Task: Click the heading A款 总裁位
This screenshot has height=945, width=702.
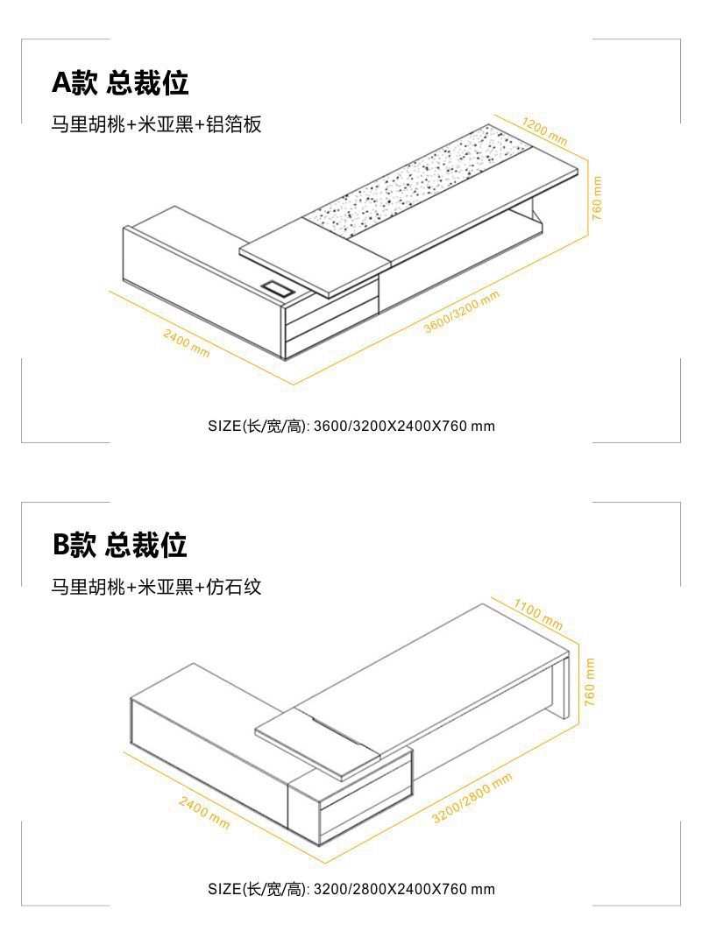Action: coord(120,83)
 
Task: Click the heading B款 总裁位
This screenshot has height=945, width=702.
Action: coord(119,545)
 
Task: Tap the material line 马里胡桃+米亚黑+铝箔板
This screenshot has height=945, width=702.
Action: coord(156,125)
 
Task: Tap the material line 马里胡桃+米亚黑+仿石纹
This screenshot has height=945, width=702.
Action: coord(156,587)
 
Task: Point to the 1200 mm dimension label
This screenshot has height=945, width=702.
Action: coord(544,130)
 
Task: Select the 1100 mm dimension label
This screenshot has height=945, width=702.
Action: coord(537,614)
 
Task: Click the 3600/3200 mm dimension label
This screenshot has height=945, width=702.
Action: coord(461,311)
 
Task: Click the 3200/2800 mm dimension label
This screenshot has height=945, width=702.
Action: coord(472,799)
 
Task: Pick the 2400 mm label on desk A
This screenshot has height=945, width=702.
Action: coord(186,342)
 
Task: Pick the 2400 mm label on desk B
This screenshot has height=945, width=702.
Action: coord(204,813)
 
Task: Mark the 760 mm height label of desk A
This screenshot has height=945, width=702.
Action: coord(597,199)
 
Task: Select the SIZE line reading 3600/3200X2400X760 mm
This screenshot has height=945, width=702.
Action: coord(351,427)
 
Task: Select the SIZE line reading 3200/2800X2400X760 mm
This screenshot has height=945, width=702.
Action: coord(351,889)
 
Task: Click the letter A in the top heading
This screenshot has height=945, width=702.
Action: coord(60,83)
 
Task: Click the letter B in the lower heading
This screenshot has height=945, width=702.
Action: coord(60,545)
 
